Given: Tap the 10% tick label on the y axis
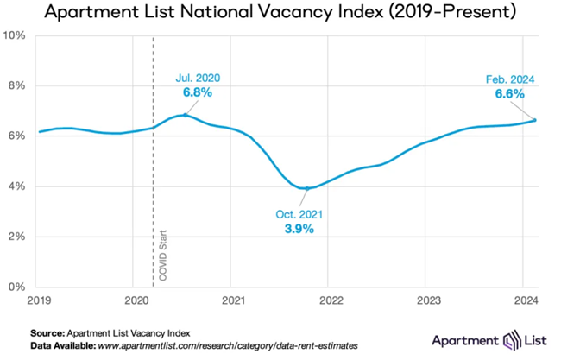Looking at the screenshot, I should (15, 35).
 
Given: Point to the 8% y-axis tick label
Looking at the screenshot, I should (17, 85).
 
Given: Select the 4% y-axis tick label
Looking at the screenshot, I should (17, 186).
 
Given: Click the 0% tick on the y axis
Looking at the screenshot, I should (17, 287).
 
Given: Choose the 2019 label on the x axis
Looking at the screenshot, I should (38, 300).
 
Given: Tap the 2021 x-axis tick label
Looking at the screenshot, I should (230, 300).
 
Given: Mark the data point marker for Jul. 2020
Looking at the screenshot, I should (185, 115).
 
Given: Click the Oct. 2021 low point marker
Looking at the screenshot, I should (306, 188).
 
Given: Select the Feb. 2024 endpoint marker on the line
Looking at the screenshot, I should (535, 120).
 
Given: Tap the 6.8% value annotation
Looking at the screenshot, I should (196, 92).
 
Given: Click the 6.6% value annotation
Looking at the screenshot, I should (510, 93).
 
